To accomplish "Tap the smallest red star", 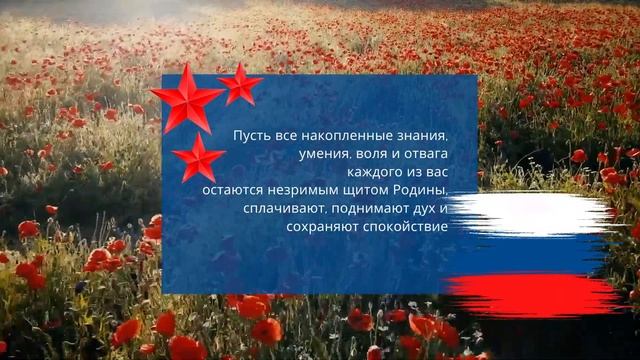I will pos(240,85).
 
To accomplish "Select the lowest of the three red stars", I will pos(198,158).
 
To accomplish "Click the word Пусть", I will pos(250,135).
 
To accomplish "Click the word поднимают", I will pos(371,208).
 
